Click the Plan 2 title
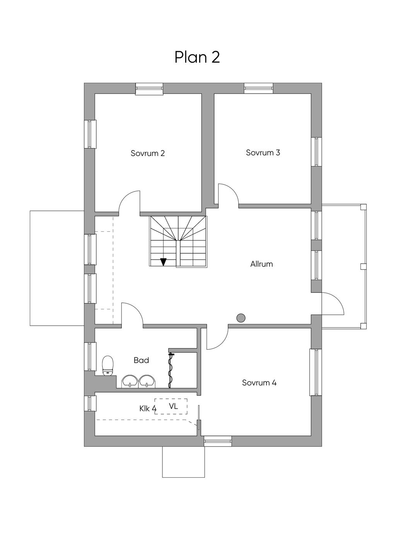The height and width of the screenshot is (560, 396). click(x=197, y=57)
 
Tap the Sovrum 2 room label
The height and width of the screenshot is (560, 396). click(x=148, y=153)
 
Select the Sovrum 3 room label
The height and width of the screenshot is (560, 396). click(x=263, y=152)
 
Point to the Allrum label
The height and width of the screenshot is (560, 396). click(x=261, y=264)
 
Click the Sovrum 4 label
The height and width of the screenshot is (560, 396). click(x=259, y=383)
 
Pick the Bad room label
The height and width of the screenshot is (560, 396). click(x=141, y=360)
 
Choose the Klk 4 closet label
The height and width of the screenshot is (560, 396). click(x=148, y=408)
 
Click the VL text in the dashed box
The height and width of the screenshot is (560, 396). click(x=173, y=406)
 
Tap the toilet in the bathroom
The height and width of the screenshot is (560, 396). click(x=108, y=365)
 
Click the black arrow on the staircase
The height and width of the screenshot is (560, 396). click(x=164, y=262)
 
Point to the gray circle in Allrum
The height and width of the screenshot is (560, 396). click(x=241, y=318)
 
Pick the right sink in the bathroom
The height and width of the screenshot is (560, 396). click(x=147, y=381)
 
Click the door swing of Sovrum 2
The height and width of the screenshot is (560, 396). click(x=130, y=202)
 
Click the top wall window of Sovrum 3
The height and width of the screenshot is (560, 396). click(x=259, y=88)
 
